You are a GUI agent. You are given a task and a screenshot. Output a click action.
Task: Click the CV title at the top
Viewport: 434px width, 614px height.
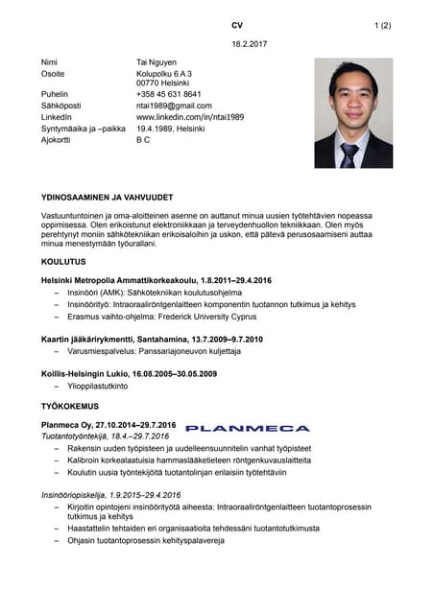click(237, 25)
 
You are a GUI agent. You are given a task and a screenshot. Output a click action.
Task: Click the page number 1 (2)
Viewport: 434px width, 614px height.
click(382, 25)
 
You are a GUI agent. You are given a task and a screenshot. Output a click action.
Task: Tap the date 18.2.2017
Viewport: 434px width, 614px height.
click(250, 44)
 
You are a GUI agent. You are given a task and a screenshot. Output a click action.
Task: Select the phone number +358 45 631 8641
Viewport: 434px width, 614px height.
click(169, 94)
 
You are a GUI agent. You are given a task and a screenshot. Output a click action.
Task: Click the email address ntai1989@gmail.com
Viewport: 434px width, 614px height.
click(174, 106)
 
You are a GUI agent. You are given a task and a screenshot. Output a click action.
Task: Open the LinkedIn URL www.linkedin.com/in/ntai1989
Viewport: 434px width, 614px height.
click(190, 117)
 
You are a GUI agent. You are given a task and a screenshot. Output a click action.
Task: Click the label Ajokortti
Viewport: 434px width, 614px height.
click(59, 140)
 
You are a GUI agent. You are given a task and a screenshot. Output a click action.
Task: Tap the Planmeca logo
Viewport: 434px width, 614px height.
click(247, 428)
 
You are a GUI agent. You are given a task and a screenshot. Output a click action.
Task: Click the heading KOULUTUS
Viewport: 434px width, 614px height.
click(62, 262)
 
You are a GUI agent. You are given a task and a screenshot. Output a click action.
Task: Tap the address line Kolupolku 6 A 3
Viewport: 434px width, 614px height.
click(164, 73)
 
